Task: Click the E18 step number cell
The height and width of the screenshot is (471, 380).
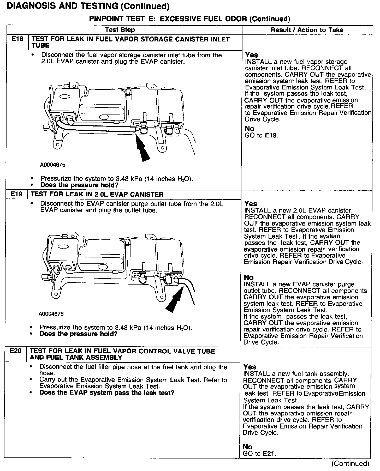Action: click(x=17, y=39)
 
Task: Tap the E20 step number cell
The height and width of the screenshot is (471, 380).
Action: click(x=16, y=351)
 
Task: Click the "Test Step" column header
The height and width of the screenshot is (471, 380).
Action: click(x=120, y=30)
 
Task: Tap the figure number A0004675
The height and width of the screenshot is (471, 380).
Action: click(x=52, y=165)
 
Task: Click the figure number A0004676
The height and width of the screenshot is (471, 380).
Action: click(x=51, y=314)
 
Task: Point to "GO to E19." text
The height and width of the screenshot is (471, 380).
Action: click(x=262, y=135)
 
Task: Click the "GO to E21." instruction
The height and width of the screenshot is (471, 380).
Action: click(x=259, y=454)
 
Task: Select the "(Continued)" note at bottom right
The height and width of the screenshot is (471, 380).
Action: click(x=350, y=463)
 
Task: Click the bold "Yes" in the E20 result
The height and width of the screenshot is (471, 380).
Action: click(x=250, y=367)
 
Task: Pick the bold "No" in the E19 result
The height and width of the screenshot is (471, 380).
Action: click(x=249, y=277)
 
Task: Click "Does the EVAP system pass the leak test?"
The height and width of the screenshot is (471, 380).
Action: click(x=106, y=393)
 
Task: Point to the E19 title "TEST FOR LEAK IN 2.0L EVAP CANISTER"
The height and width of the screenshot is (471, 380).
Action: click(x=97, y=195)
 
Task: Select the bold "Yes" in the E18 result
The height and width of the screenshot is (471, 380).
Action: click(x=251, y=55)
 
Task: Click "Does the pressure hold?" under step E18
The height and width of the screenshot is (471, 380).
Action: click(x=79, y=185)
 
